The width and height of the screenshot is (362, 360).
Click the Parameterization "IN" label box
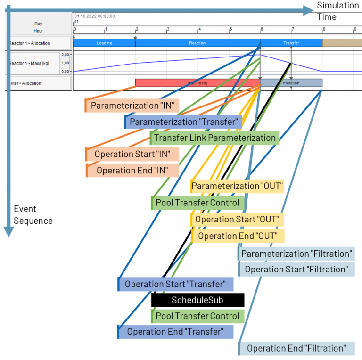(x=132, y=106)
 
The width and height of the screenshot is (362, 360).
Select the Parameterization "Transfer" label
(x=183, y=122)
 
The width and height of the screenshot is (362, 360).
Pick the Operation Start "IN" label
(x=133, y=154)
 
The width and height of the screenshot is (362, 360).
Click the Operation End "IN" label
(x=133, y=170)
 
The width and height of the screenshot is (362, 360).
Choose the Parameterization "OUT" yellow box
(x=237, y=186)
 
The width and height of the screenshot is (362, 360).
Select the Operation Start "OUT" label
(x=237, y=220)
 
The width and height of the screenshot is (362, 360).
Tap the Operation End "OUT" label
(x=238, y=236)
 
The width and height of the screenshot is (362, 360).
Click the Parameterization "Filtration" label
(x=296, y=254)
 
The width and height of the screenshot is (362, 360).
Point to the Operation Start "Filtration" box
(x=296, y=269)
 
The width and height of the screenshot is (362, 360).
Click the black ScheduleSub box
(x=197, y=300)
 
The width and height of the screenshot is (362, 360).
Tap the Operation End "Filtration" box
(x=296, y=348)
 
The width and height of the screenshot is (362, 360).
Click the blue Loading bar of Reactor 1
(x=104, y=43)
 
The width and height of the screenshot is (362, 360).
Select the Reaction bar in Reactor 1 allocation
(x=197, y=43)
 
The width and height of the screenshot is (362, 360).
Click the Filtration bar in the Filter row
(x=291, y=83)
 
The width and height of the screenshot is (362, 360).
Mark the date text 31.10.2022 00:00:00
(x=94, y=16)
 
